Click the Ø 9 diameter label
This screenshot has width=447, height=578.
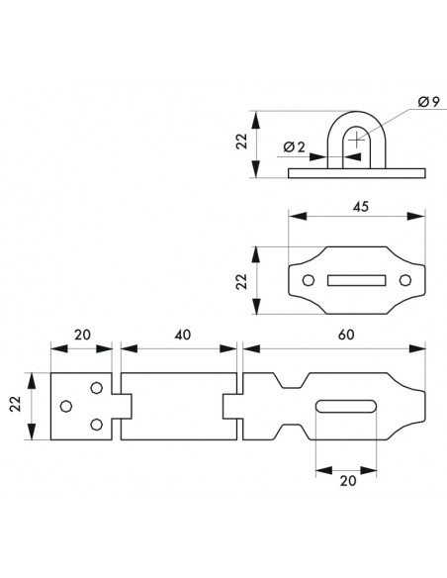(428, 101)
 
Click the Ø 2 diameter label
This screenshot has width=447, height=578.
(294, 147)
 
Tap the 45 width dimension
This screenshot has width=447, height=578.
(361, 207)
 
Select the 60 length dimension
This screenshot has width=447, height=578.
(346, 335)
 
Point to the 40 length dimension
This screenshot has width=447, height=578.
(183, 335)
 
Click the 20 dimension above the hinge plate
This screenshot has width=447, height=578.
(82, 335)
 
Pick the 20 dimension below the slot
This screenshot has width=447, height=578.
(348, 481)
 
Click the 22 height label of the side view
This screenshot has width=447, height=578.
(241, 141)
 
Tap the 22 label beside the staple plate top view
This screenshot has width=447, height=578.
(241, 281)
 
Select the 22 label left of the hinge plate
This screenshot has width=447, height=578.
(16, 404)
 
